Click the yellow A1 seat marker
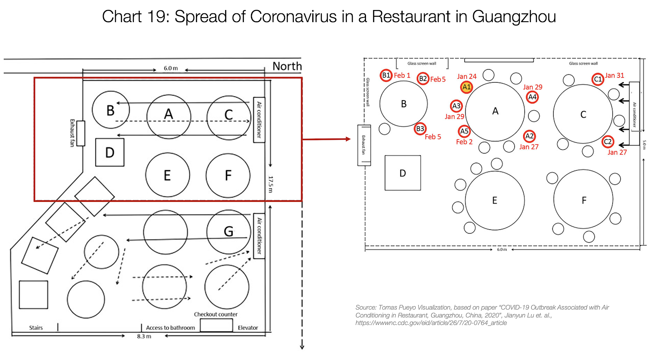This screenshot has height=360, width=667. [x=466, y=87]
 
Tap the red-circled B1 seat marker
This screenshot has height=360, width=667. [x=386, y=75]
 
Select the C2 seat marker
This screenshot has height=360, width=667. [x=608, y=141]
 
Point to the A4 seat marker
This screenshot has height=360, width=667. [x=532, y=97]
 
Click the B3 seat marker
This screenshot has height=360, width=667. [x=420, y=129]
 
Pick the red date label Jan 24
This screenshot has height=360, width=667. [x=466, y=76]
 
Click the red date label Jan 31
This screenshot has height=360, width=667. [x=614, y=76]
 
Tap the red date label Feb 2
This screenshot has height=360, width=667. [x=464, y=142]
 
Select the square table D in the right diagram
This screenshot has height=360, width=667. [x=402, y=173]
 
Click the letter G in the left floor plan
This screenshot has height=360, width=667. [x=228, y=231]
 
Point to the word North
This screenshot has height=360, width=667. [x=287, y=66]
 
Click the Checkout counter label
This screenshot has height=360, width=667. [x=216, y=314]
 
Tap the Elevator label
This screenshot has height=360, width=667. [x=248, y=327]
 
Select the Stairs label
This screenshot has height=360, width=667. [x=36, y=327]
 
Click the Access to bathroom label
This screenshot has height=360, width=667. [x=170, y=327]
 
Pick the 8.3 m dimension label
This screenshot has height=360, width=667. [x=144, y=336]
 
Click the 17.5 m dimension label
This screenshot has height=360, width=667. [x=271, y=184]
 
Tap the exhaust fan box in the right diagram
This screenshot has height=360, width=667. [x=364, y=145]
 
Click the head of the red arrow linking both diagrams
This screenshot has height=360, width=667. [x=349, y=139]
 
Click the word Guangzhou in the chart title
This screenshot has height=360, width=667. [x=514, y=17]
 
